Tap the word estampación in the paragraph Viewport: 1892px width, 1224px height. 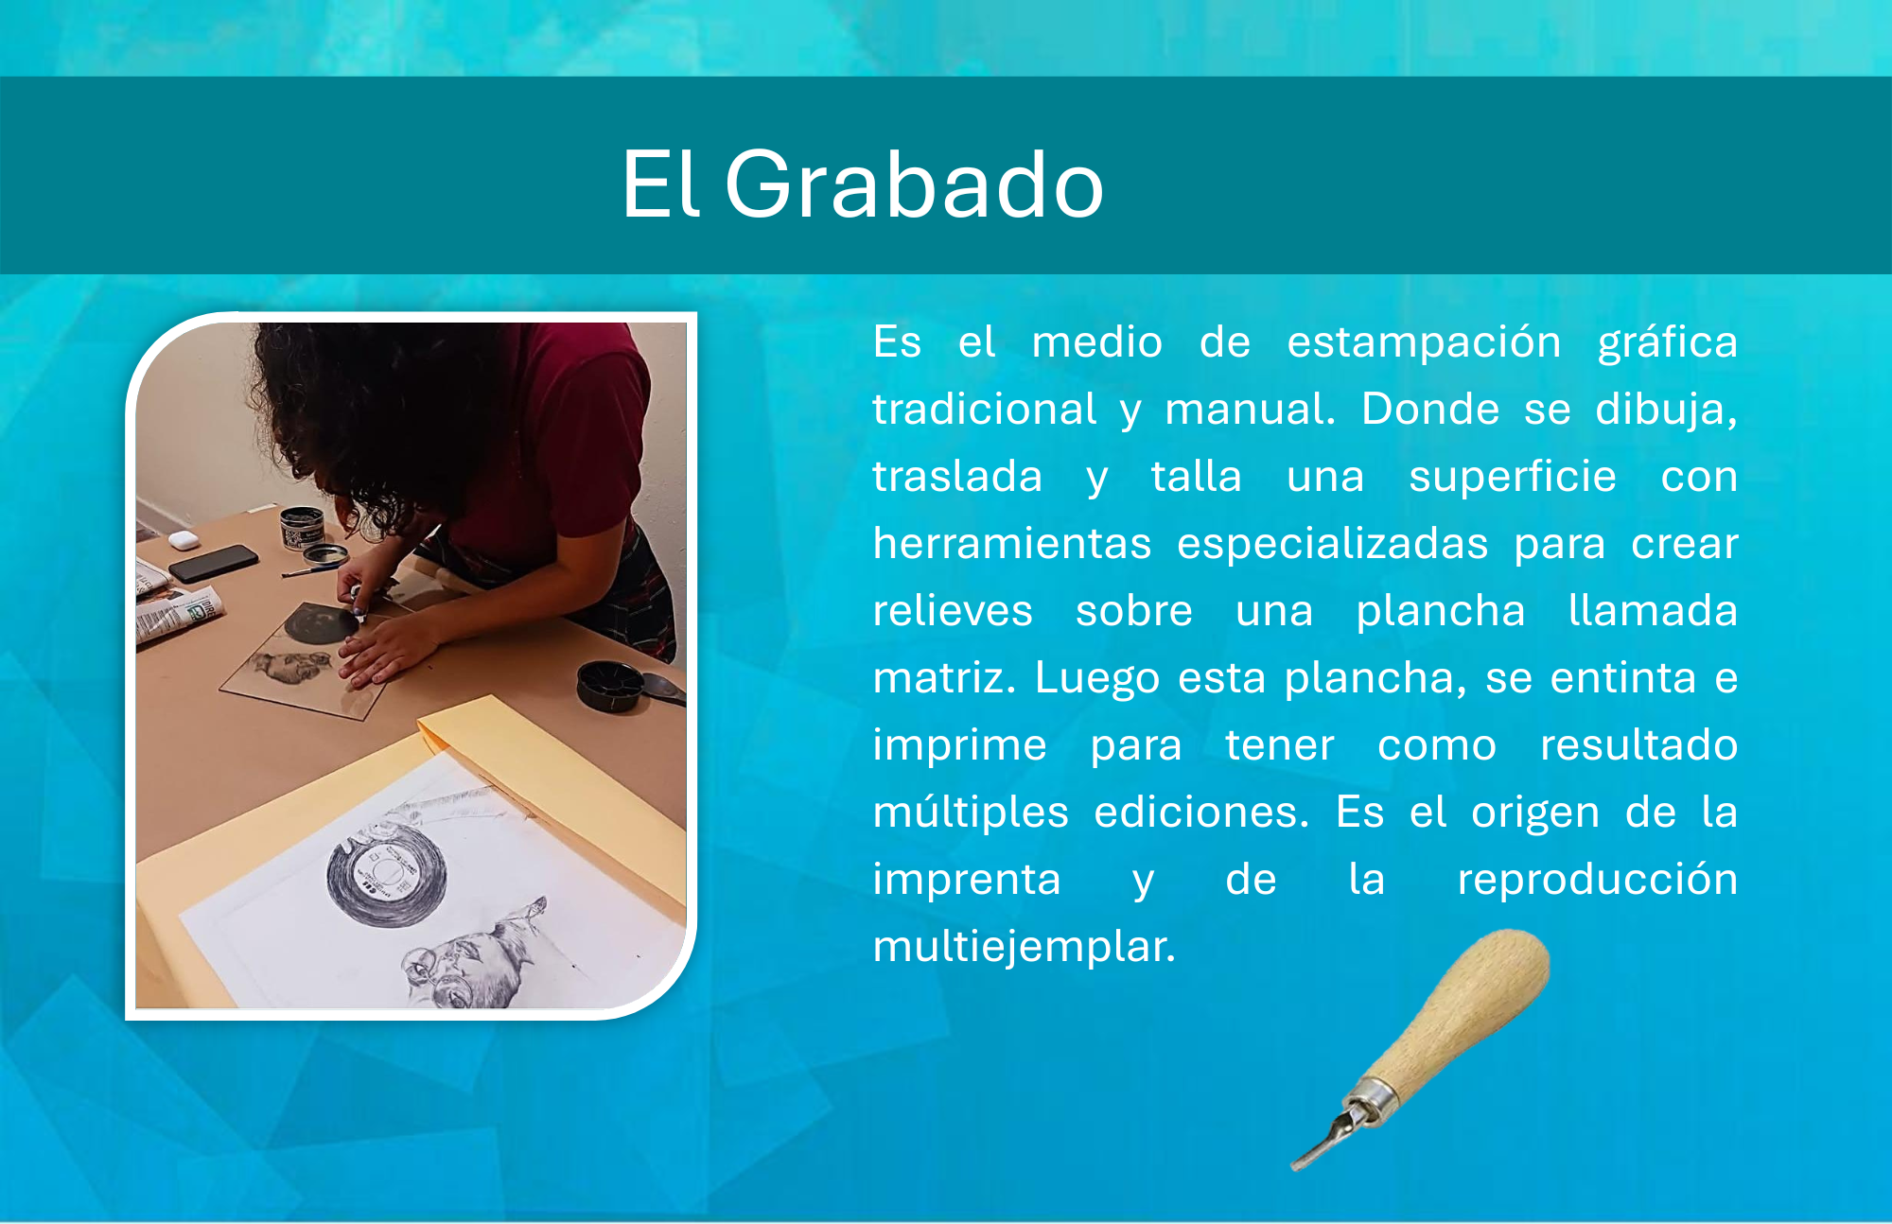[x=1424, y=341]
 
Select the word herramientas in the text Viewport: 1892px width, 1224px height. [x=1012, y=544]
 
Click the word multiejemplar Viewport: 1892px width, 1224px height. [x=1024, y=946]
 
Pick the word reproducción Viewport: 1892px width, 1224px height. [x=1597, y=880]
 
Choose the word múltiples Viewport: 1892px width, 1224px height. [x=971, y=812]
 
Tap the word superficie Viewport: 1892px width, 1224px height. [x=1512, y=477]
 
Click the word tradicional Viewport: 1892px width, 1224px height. [x=984, y=410]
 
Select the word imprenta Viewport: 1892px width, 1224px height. [x=966, y=880]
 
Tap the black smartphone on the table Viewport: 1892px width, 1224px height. [x=212, y=563]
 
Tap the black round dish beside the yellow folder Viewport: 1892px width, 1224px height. [x=610, y=686]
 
